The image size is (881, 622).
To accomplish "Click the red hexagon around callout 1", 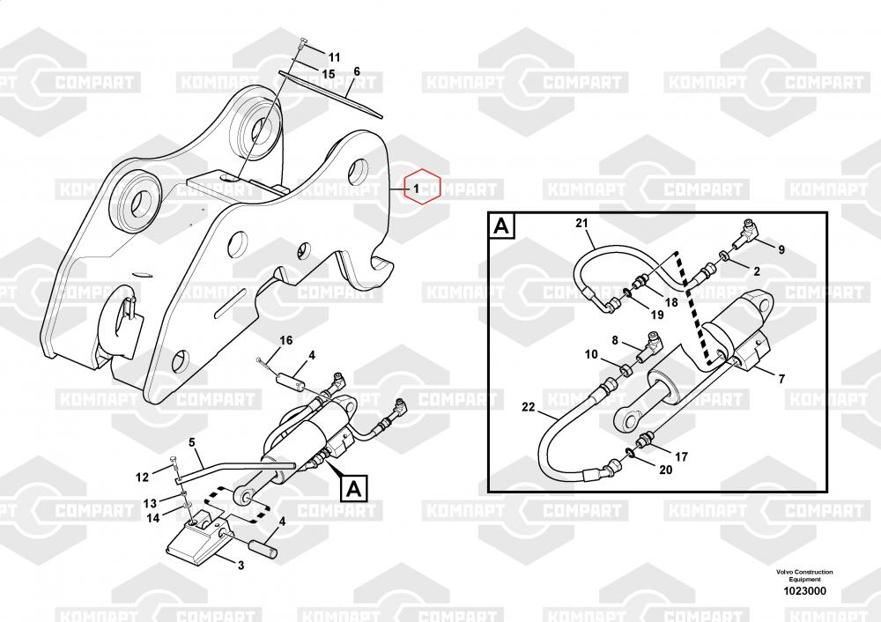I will (420, 187).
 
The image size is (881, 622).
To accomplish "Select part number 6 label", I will (357, 71).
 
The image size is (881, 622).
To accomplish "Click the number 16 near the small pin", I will (286, 341).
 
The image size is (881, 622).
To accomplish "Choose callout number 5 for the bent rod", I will (191, 442).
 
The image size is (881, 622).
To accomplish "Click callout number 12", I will (143, 478).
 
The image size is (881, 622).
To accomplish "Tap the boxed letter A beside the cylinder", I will (352, 486).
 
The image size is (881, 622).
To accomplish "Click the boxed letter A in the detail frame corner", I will (500, 226).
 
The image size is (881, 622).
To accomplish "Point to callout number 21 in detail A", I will (581, 222).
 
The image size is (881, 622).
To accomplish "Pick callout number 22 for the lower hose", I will (528, 407).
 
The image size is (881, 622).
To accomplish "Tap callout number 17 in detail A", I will (681, 456).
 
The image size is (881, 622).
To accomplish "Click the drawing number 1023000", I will (803, 591).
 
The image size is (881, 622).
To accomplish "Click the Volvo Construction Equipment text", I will (804, 575).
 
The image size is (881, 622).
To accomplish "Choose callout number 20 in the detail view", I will (665, 470).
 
